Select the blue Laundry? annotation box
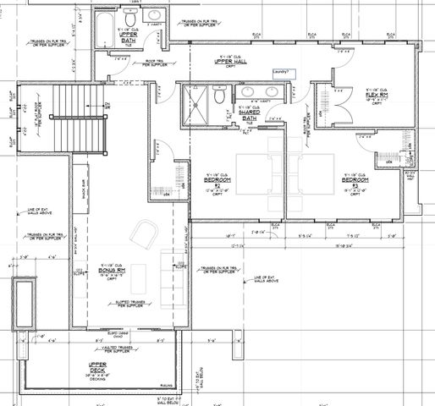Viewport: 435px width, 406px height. [x=283, y=73]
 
